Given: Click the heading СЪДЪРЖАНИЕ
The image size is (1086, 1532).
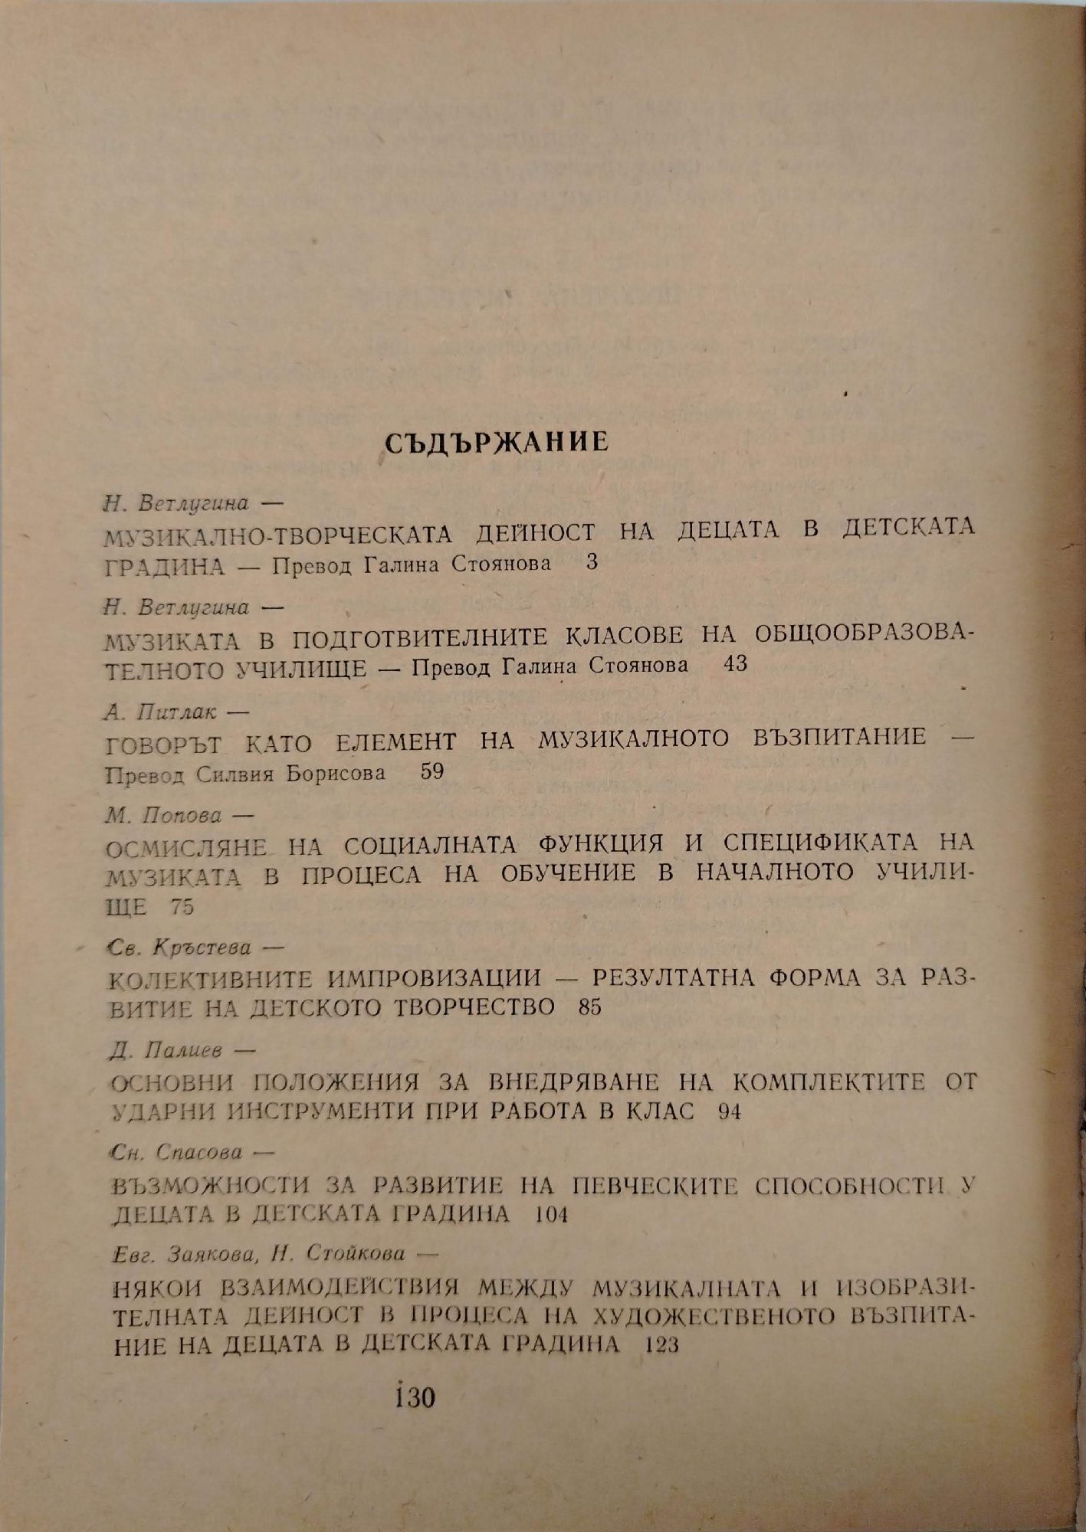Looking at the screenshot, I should tap(496, 442).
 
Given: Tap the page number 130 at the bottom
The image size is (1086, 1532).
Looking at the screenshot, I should tap(412, 1396).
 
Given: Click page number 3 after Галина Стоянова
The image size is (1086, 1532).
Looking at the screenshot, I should tap(591, 563).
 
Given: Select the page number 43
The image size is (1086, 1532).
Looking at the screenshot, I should tap(734, 664).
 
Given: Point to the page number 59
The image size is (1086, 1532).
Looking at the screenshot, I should tap(432, 771).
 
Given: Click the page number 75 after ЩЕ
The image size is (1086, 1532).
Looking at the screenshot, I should tap(183, 907).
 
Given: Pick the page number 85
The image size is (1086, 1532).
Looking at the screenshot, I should tap(590, 1007).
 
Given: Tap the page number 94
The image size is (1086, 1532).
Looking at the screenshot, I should tap(730, 1111).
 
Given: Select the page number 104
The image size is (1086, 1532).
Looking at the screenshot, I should tap(552, 1214).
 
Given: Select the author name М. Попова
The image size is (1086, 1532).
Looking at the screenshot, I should tap(162, 816).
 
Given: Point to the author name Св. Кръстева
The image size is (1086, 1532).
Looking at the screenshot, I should tap(181, 948).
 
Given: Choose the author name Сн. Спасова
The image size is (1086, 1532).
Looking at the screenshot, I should tap(176, 1152).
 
